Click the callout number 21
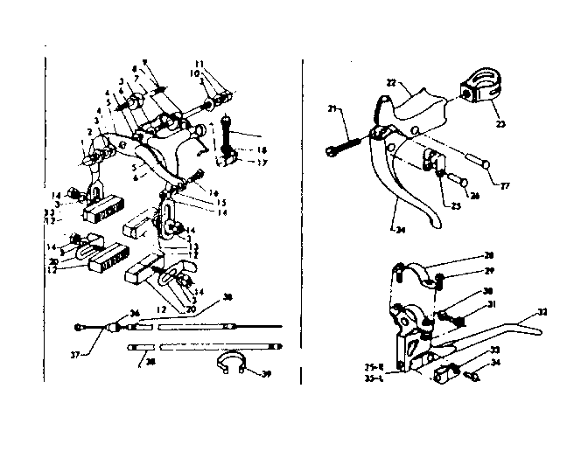click(332, 108)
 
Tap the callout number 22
click(393, 81)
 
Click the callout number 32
click(543, 312)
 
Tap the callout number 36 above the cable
click(135, 313)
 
